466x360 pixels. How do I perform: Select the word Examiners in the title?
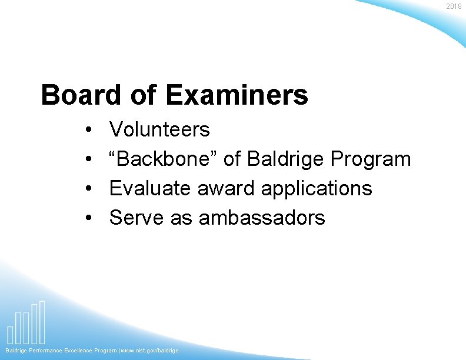[x=237, y=95]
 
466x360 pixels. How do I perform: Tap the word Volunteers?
[x=159, y=129]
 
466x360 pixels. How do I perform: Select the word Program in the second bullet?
[x=371, y=159]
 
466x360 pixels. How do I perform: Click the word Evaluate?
[x=151, y=188]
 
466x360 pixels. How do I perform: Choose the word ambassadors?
[x=262, y=218]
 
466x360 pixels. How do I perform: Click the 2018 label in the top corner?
[x=454, y=6]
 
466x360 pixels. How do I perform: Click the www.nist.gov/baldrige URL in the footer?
[x=150, y=351]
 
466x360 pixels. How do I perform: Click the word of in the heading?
[x=144, y=95]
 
